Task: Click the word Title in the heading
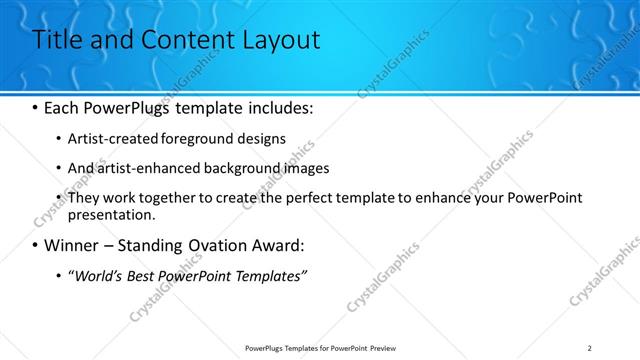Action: [x=58, y=40]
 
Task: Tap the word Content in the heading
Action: [x=182, y=40]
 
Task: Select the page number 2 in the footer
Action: [x=589, y=347]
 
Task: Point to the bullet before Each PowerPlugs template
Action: [x=37, y=107]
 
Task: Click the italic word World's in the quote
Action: [x=98, y=275]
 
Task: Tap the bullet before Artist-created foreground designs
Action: [x=58, y=139]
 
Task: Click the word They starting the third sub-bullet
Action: [x=84, y=199]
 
